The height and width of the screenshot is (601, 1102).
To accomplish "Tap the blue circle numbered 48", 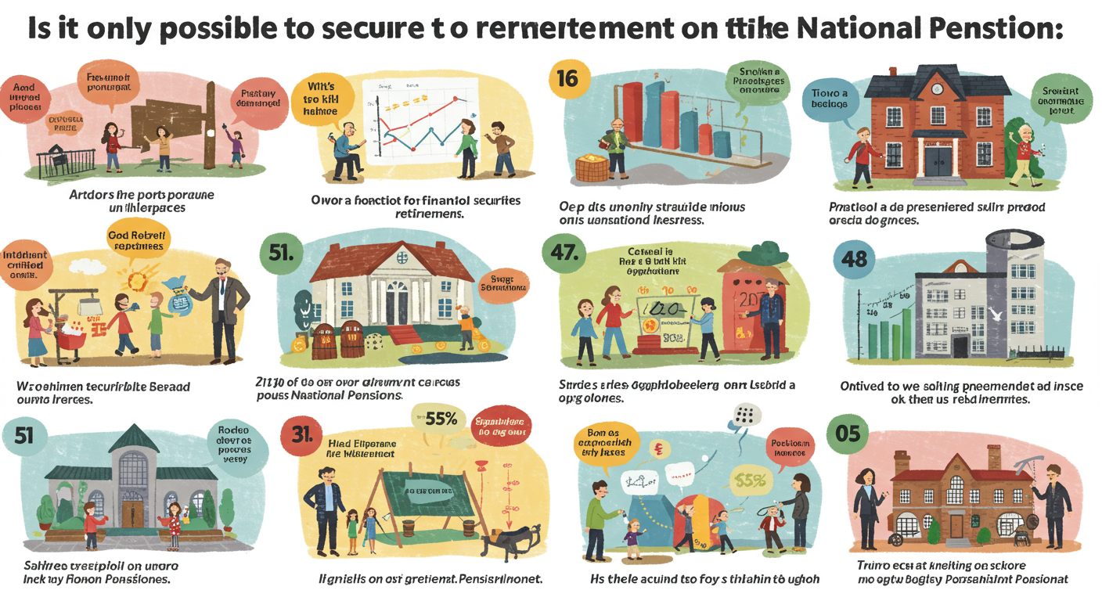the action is (x=854, y=257).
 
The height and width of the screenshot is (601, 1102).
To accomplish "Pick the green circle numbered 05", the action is (x=848, y=432).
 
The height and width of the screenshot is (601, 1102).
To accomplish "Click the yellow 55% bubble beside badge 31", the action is (x=439, y=419).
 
